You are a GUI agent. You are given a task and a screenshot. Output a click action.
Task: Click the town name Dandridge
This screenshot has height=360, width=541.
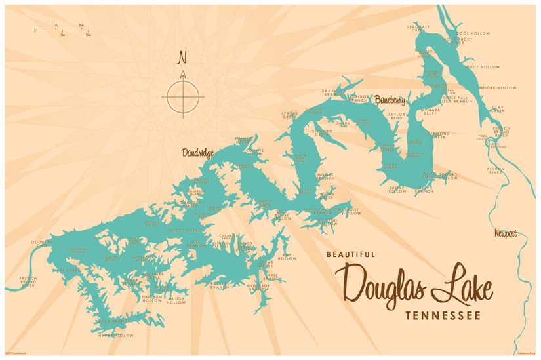[x=197, y=153]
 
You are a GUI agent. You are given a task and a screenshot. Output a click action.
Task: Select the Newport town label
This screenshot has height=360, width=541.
[x=506, y=233]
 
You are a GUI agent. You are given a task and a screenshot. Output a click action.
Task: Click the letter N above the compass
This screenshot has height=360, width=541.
[x=182, y=58]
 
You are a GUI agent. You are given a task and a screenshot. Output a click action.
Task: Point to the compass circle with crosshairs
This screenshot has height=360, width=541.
[x=183, y=96]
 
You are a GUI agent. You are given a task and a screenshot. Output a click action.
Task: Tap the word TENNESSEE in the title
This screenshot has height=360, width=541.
[x=443, y=315]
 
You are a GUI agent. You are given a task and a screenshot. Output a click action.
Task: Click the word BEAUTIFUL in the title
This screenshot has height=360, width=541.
[x=351, y=254]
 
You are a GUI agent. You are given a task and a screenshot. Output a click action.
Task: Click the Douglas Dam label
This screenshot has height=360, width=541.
[x=41, y=244]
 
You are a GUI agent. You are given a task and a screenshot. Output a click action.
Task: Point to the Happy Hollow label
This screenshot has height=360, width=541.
[x=115, y=335]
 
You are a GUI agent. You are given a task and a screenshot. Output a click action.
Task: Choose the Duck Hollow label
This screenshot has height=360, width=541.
[x=483, y=67]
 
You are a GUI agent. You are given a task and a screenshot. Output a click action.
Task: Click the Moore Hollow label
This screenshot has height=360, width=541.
[x=498, y=87]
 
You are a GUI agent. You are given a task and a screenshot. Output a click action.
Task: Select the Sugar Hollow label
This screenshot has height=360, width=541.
[x=397, y=190]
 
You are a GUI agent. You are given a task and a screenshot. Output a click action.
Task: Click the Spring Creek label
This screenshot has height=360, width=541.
[x=289, y=115]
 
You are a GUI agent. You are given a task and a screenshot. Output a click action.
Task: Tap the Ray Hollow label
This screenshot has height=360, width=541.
[x=287, y=256]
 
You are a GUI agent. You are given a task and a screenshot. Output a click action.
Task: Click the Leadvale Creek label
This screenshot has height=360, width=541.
[x=418, y=28]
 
